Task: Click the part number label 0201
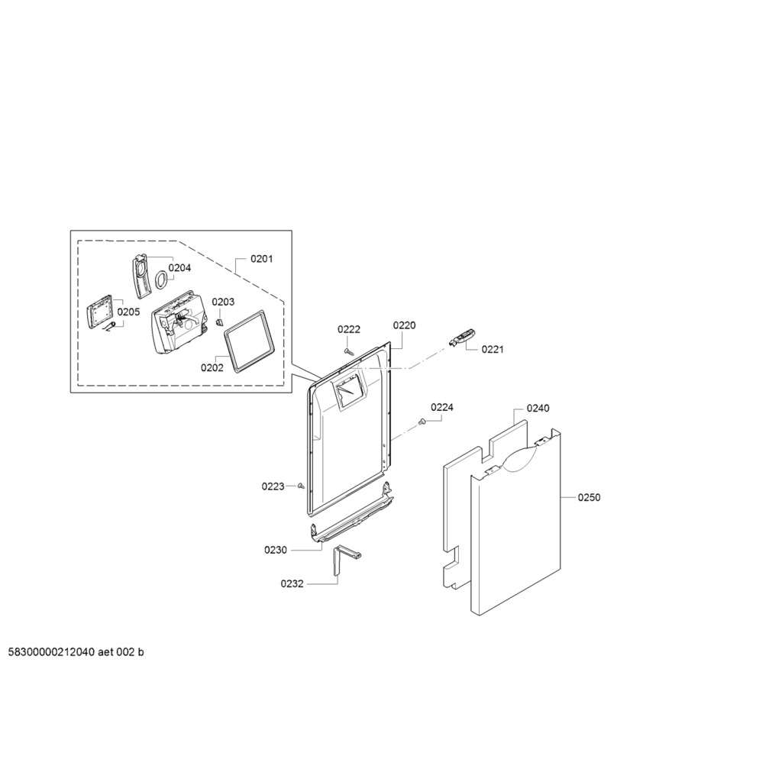(x=261, y=259)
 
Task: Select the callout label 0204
(x=179, y=268)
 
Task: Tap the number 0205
(x=128, y=312)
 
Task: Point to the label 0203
(x=223, y=302)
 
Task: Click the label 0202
(x=212, y=367)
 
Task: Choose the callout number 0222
(x=348, y=329)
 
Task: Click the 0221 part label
(x=493, y=350)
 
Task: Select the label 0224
(x=442, y=408)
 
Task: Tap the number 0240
(x=538, y=408)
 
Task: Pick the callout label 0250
(x=589, y=497)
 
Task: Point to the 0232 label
(x=292, y=583)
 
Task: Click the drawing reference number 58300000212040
(x=51, y=652)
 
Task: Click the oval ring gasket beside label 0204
(x=161, y=280)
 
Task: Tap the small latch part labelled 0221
(x=462, y=338)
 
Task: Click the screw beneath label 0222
(x=349, y=351)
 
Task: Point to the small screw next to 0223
(x=301, y=486)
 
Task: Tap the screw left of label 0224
(x=422, y=422)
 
